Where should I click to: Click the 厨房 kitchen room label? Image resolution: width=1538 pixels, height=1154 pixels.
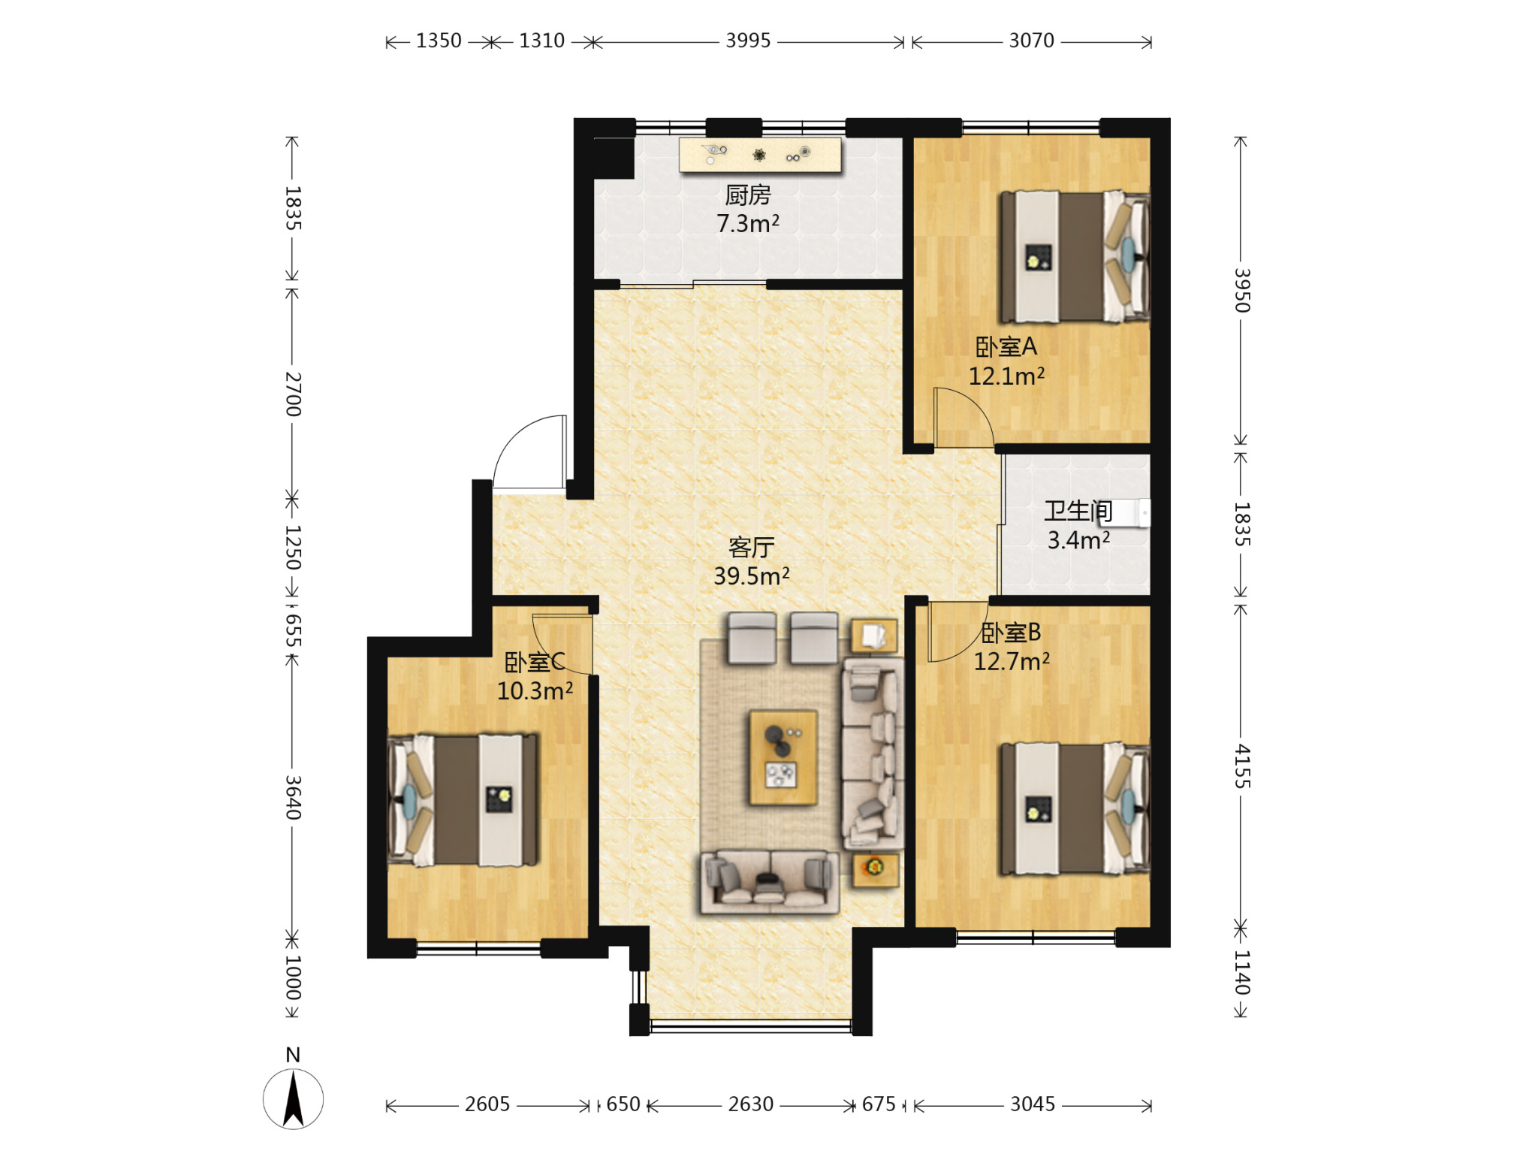[x=747, y=195]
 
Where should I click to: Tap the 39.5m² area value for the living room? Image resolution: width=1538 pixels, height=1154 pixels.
[x=751, y=576]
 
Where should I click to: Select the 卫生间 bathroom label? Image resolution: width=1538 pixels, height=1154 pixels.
[x=1078, y=511]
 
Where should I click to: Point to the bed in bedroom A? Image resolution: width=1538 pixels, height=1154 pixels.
[x=1074, y=257]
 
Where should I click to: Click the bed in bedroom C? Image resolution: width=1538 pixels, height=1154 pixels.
[x=463, y=800]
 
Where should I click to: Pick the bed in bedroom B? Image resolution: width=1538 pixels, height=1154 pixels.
[x=1074, y=809]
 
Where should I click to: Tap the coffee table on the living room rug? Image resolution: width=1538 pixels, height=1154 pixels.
[x=783, y=757]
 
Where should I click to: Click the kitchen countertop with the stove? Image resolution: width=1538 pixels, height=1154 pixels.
[x=760, y=155]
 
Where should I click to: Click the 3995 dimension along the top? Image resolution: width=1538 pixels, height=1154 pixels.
[x=748, y=41]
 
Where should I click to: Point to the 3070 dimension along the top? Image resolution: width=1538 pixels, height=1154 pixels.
[x=1031, y=41]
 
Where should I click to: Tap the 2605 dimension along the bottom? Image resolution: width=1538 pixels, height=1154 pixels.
[x=487, y=1104]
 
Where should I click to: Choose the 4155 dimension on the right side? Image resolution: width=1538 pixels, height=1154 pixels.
[x=1242, y=766]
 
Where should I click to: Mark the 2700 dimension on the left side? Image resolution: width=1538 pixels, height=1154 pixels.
[x=293, y=394]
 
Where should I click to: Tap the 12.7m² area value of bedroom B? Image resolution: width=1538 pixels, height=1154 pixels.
[x=1012, y=662]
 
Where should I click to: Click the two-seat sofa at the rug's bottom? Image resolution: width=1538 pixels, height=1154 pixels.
[x=770, y=882]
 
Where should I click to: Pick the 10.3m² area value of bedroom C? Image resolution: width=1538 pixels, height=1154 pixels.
[x=535, y=691]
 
